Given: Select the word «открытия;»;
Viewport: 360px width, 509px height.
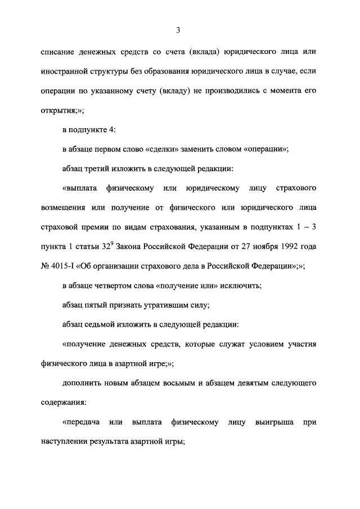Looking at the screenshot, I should tap(62, 110).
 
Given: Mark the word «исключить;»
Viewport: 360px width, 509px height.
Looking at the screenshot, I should tap(241, 285).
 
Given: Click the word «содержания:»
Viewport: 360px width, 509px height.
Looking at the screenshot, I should tap(65, 402).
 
